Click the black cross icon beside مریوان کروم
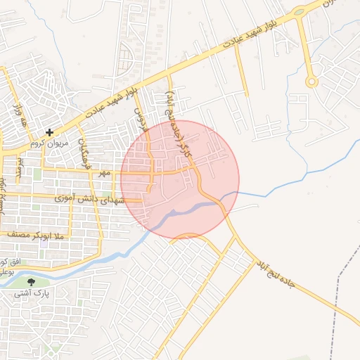(x=49, y=131)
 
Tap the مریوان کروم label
(x=49, y=143)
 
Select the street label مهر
(x=105, y=172)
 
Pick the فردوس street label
(x=139, y=120)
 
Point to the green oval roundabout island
(x=299, y=12)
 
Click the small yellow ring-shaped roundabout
(x=311, y=82)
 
